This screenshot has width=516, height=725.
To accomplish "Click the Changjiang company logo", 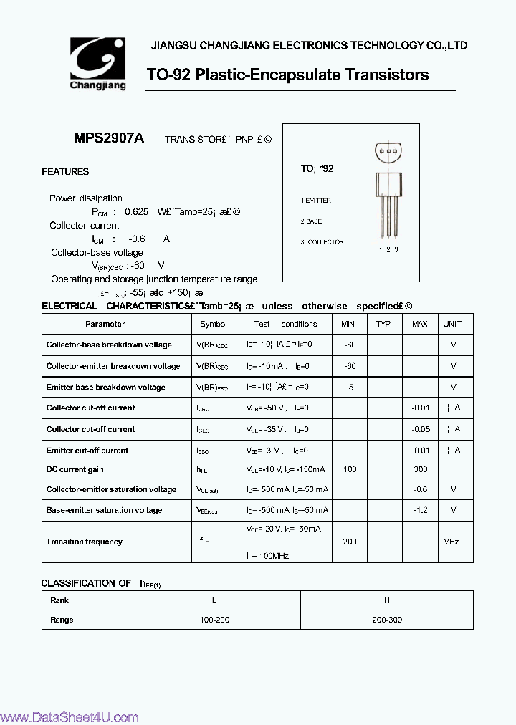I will click(x=97, y=63).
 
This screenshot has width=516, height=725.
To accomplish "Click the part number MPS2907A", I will click(x=109, y=139).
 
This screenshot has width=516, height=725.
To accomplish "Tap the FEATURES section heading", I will click(x=65, y=172).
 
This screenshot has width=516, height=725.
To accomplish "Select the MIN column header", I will click(x=348, y=324).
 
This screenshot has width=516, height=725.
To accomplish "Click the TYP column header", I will click(x=383, y=324).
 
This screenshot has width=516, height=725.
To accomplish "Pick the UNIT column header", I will click(x=452, y=324).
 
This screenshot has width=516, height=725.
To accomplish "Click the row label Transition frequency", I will click(x=85, y=542).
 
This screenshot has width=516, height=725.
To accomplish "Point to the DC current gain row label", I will click(x=75, y=469).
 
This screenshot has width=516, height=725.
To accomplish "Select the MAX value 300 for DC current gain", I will click(x=421, y=469).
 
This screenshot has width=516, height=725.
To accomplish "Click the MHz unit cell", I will click(x=451, y=542).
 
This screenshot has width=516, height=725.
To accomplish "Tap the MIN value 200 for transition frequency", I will click(x=350, y=542).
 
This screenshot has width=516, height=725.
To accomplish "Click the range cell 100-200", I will click(x=214, y=620).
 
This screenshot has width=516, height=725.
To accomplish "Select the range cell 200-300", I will click(x=387, y=620).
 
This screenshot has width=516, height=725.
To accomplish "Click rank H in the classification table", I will click(x=387, y=600).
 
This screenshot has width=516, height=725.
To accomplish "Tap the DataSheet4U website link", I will click(x=70, y=717).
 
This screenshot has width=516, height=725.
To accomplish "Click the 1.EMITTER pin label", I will click(x=316, y=201).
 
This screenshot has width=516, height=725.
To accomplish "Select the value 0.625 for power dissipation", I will click(x=136, y=212).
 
